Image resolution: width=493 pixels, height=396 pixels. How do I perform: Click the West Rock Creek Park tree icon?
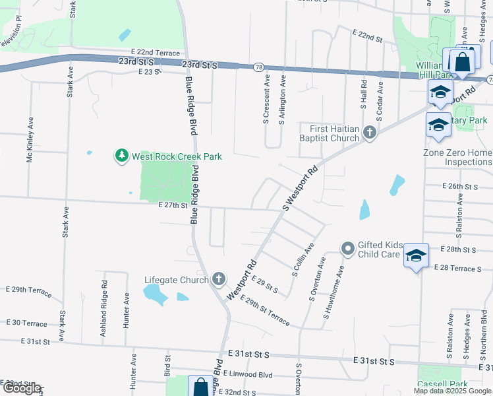tap(121, 156)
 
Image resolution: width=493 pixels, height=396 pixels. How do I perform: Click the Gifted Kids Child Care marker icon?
tap(348, 249)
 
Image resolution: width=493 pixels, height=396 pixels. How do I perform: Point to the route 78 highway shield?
tap(259, 67)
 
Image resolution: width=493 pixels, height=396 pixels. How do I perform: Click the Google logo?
tap(21, 388)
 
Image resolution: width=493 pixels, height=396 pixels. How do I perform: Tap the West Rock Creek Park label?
tap(177, 156)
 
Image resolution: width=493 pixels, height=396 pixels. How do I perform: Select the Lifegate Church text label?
tap(176, 280)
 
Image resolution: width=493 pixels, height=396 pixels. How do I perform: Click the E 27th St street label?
tap(173, 205)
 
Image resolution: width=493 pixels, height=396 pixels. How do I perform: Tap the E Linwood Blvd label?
tap(248, 374)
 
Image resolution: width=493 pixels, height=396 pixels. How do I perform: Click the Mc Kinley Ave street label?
tap(30, 141)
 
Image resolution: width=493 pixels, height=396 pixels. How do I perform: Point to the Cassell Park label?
tap(442, 384)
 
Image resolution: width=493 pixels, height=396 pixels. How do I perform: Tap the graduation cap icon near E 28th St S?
tap(416, 254)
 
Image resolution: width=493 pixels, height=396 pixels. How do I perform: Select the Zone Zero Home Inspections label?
tap(458, 157)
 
